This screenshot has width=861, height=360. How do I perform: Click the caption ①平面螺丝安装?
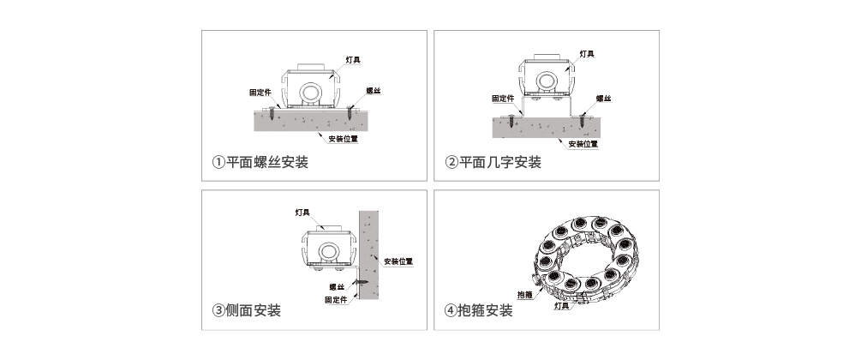(x=260, y=162)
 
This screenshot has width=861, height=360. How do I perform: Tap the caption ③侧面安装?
(x=247, y=310)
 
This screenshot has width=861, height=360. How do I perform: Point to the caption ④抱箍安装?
(x=479, y=310)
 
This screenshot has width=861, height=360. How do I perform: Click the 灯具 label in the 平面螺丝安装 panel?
(x=353, y=59)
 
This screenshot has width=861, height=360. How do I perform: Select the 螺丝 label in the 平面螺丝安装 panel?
(x=374, y=89)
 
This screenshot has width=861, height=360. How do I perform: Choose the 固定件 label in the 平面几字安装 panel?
(x=503, y=98)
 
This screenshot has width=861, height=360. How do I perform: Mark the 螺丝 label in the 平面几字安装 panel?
(x=603, y=99)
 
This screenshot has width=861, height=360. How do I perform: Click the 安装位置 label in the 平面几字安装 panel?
(x=583, y=144)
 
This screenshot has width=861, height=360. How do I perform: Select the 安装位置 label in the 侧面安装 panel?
(x=398, y=261)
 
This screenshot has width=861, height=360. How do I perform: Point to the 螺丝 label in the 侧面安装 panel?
(x=337, y=286)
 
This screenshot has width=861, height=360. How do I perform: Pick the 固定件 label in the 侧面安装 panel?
(x=336, y=300)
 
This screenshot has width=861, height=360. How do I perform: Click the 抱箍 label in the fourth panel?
(x=525, y=295)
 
